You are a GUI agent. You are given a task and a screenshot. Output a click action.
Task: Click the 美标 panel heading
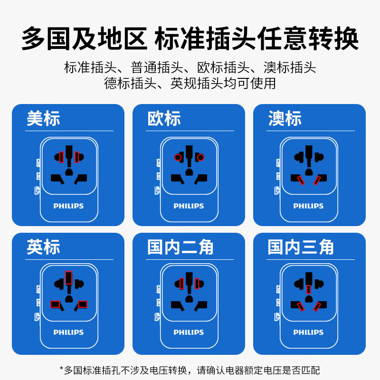point(43,119)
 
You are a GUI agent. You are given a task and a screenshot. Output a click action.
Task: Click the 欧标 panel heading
point(164,119)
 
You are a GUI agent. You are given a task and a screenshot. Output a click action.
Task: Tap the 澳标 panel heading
point(285,119)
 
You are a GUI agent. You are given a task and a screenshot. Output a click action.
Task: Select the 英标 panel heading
point(43,247)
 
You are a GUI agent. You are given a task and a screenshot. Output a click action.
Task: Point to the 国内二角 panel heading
point(180,247)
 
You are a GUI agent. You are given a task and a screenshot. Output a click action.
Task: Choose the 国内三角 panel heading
point(301,247)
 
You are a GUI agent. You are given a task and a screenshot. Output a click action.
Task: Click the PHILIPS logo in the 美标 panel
point(68,206)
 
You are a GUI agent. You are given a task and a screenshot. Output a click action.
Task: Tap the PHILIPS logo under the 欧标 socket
point(189,206)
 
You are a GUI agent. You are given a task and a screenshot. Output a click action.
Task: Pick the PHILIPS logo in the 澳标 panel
point(308,206)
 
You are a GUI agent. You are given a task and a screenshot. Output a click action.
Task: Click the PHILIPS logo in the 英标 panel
point(68,332)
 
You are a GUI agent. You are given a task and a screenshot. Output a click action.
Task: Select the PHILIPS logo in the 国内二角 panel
point(189,332)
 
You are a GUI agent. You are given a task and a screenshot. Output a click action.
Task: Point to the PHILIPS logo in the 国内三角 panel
point(308,332)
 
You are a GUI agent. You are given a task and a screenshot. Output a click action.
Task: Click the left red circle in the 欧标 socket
point(177,157)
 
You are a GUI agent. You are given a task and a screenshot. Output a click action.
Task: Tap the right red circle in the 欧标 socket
point(200,157)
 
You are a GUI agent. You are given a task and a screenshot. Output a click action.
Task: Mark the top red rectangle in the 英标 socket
point(69,277)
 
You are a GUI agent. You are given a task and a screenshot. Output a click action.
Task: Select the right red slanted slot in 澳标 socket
point(317,180)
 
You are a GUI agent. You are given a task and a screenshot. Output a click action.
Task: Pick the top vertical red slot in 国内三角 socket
point(309,289)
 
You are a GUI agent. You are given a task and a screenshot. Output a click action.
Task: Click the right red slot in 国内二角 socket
point(197,284)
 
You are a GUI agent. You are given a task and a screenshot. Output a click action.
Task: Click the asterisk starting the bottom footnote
point(61,369)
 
